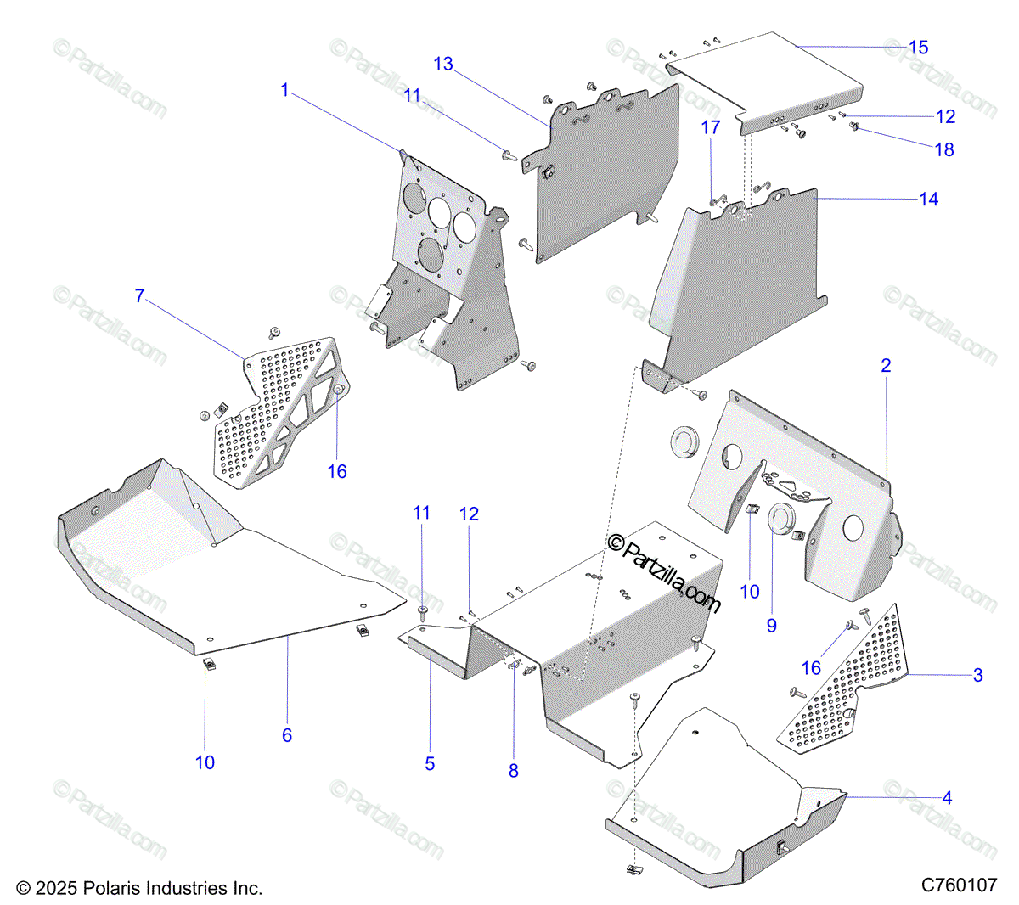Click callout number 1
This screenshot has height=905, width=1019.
coord(285,90)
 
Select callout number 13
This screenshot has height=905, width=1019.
coord(443,65)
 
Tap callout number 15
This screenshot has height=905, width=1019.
coord(919,48)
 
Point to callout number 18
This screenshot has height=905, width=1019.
coord(944,149)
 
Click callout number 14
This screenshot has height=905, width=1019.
coord(929,200)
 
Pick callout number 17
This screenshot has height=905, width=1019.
coord(710,127)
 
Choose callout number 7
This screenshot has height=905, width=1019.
coord(140,296)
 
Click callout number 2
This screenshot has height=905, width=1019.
coord(886,366)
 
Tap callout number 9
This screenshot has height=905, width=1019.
coord(771,626)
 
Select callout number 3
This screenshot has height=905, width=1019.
coord(977,676)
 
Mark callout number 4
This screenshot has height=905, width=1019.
coord(947,798)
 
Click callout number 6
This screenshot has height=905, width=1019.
coord(287,735)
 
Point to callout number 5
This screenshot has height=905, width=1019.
coord(430,764)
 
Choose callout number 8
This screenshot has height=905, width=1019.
coord(513,771)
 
